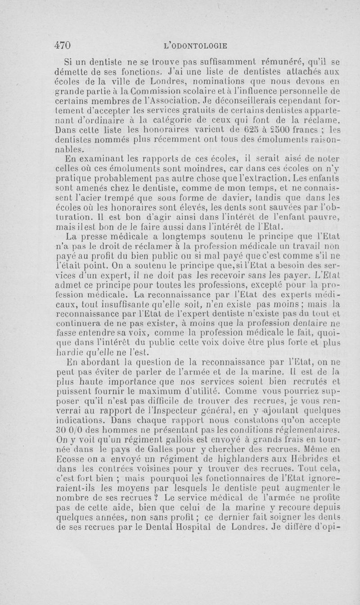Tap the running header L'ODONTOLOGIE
click(196, 45)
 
